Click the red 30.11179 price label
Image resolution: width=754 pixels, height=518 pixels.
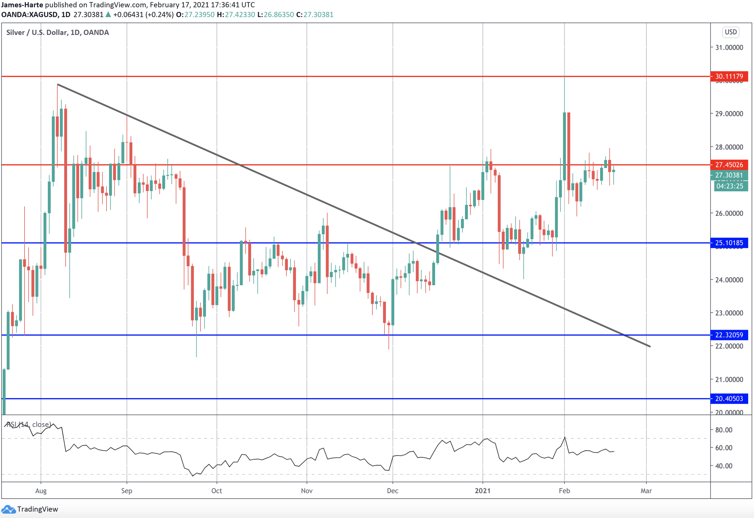(x=729, y=76)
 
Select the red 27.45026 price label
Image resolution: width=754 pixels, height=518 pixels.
(x=729, y=165)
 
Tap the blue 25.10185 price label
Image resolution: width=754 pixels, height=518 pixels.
(x=729, y=243)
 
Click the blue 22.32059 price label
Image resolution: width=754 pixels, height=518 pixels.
(x=729, y=335)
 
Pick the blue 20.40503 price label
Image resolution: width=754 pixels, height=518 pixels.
(x=729, y=399)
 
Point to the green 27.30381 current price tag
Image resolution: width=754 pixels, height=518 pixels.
(x=729, y=175)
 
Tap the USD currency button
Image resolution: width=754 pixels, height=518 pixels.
(x=731, y=32)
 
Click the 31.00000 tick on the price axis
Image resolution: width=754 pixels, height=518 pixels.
(x=729, y=48)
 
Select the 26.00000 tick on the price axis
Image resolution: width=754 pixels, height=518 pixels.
(x=729, y=213)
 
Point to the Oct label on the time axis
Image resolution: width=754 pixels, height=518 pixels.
(x=216, y=491)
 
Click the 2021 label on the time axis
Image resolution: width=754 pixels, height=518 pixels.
(x=482, y=491)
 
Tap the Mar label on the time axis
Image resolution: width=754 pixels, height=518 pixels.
(x=646, y=491)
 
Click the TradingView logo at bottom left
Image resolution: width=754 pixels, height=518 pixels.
(x=30, y=509)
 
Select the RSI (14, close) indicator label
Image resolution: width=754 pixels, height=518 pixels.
(x=29, y=424)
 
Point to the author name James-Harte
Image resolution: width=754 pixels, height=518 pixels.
(x=22, y=5)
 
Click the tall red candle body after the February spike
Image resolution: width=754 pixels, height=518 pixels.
(x=569, y=151)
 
